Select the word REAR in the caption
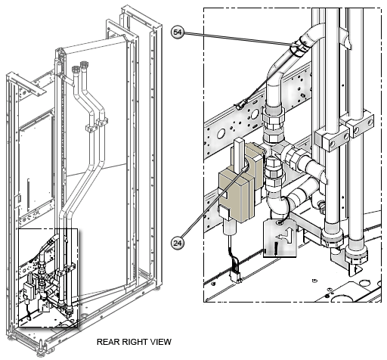point(110,342)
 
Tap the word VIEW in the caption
point(160,342)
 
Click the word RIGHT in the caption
point(136,342)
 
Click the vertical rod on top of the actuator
point(237,152)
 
